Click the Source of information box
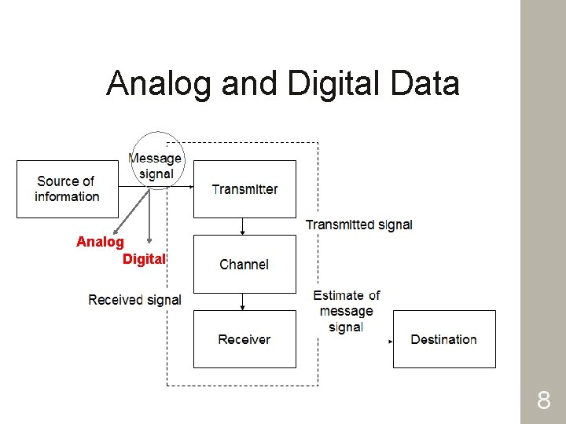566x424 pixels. point(67,189)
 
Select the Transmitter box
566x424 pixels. point(244,189)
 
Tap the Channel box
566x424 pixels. point(244,265)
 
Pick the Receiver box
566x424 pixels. point(244,339)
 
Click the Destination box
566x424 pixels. point(444,339)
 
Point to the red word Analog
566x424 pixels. point(100,242)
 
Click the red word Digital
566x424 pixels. point(144,259)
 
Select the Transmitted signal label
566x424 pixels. point(358,225)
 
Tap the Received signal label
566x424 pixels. point(134,300)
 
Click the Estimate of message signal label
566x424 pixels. point(346,311)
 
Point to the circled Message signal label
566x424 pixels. point(156,165)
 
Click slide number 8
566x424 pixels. point(543,402)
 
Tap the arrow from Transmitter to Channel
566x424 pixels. point(244,226)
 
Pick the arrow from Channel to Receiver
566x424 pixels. point(244,302)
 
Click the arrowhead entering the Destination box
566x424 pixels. point(390,342)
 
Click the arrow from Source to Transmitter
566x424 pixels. point(157,187)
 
